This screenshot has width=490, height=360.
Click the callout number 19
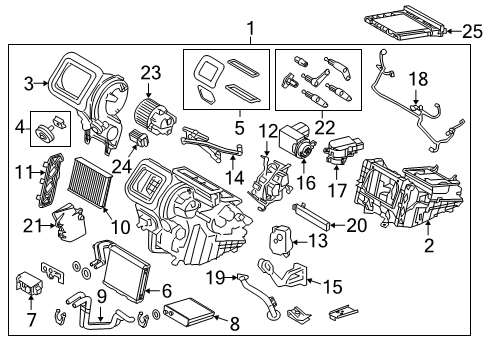(x=213, y=275)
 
